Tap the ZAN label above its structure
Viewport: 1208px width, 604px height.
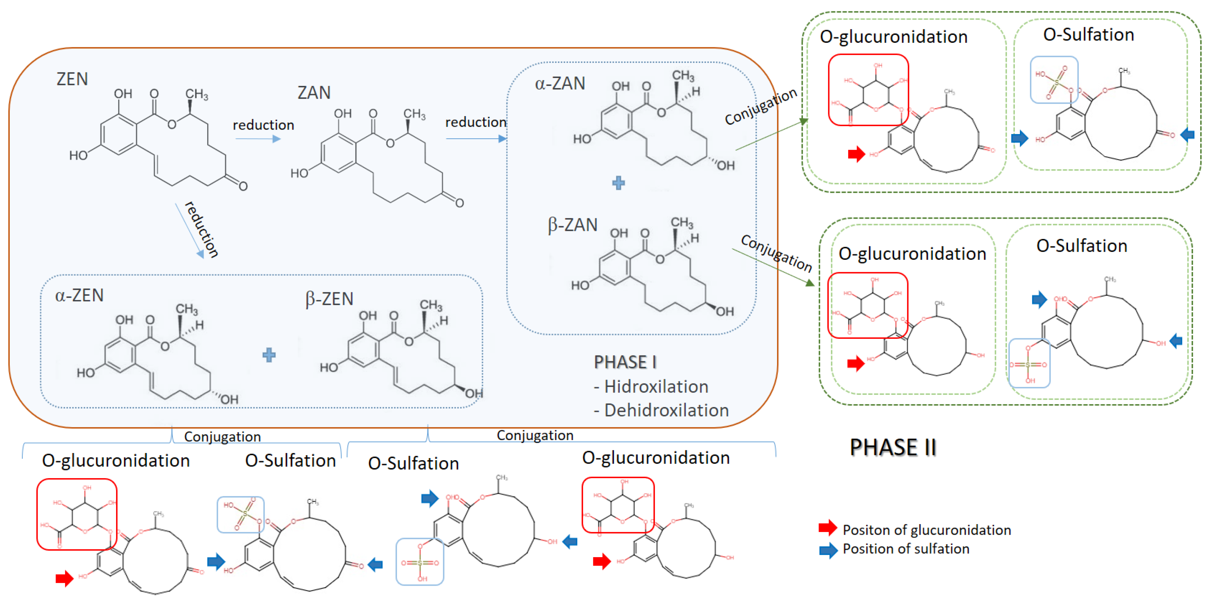coord(314,92)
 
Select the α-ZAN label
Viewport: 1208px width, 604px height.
coord(560,83)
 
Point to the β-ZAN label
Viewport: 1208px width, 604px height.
coord(573,225)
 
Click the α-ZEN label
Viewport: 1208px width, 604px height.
coord(79,295)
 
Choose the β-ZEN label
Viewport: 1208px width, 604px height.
coord(329,299)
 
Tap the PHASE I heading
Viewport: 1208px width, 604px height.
coord(625,362)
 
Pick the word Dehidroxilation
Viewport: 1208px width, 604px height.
coord(666,410)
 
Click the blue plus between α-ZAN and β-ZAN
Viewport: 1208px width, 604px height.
coord(618,183)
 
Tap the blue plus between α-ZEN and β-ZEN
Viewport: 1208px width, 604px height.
coord(269,355)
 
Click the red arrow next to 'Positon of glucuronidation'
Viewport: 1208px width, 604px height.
coord(828,528)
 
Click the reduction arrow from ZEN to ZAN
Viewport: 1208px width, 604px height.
coord(258,139)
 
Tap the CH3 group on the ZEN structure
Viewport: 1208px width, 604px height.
coord(197,94)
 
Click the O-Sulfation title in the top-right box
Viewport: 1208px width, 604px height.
coord(1088,35)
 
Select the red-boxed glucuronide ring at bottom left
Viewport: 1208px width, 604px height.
coord(77,514)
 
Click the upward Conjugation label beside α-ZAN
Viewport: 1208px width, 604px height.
coord(761,106)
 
